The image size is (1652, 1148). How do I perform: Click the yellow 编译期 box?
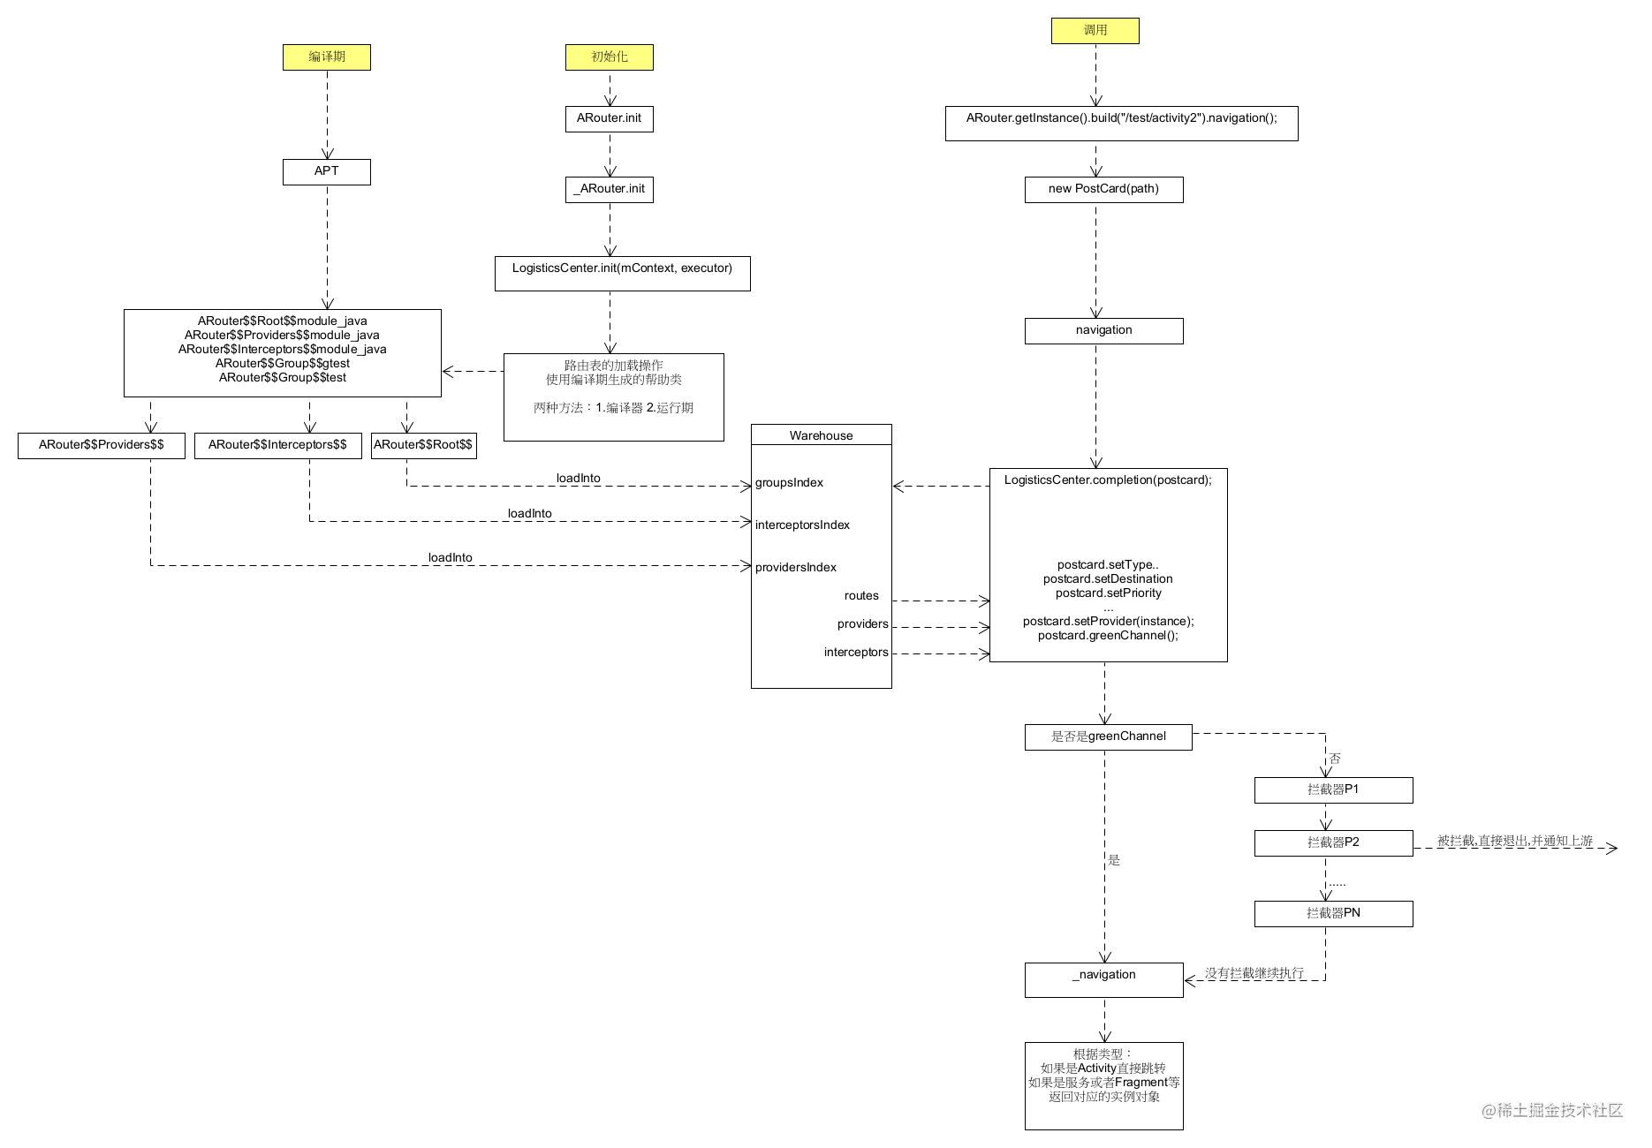coord(326,57)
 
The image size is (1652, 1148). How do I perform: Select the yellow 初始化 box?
coord(609,57)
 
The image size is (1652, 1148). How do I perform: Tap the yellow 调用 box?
coord(1095,31)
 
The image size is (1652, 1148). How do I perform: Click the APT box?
coord(326,171)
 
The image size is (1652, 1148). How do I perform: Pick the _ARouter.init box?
coord(609,189)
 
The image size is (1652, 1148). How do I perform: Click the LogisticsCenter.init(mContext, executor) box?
coord(622,273)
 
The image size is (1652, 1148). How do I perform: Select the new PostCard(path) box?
coord(1103,189)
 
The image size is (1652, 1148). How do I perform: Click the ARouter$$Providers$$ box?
coord(101,445)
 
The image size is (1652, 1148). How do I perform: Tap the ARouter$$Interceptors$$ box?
coord(277,445)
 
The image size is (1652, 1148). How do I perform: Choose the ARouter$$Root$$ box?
coord(423,445)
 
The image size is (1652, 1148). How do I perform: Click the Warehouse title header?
coord(821,435)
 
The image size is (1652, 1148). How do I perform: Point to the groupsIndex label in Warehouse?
coord(789,483)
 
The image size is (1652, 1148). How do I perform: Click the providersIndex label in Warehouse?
coord(795,568)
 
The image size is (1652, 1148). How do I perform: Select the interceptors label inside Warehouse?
coord(855,653)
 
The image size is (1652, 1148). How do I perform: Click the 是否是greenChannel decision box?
coord(1108,736)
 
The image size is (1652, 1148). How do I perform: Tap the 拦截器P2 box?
coord(1333,842)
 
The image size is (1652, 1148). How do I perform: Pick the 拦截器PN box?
coord(1333,913)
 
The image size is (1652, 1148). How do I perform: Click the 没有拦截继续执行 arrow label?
coord(1254,973)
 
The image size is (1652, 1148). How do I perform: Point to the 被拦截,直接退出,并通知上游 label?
coord(1514,842)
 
